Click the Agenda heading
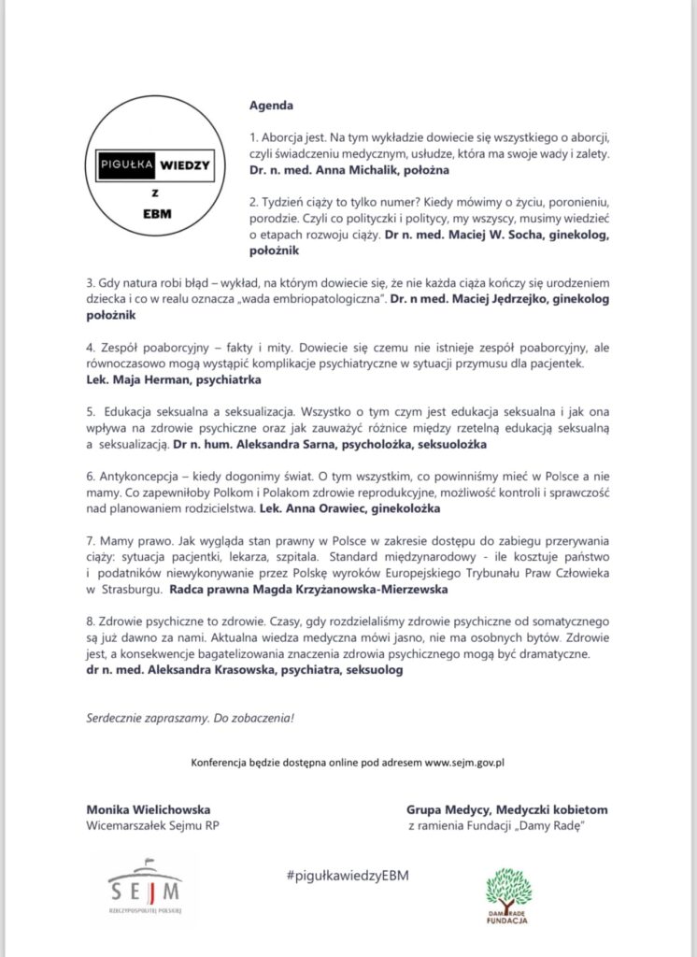coord(270,105)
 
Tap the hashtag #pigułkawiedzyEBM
coord(348,875)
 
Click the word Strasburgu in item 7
coord(126,590)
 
